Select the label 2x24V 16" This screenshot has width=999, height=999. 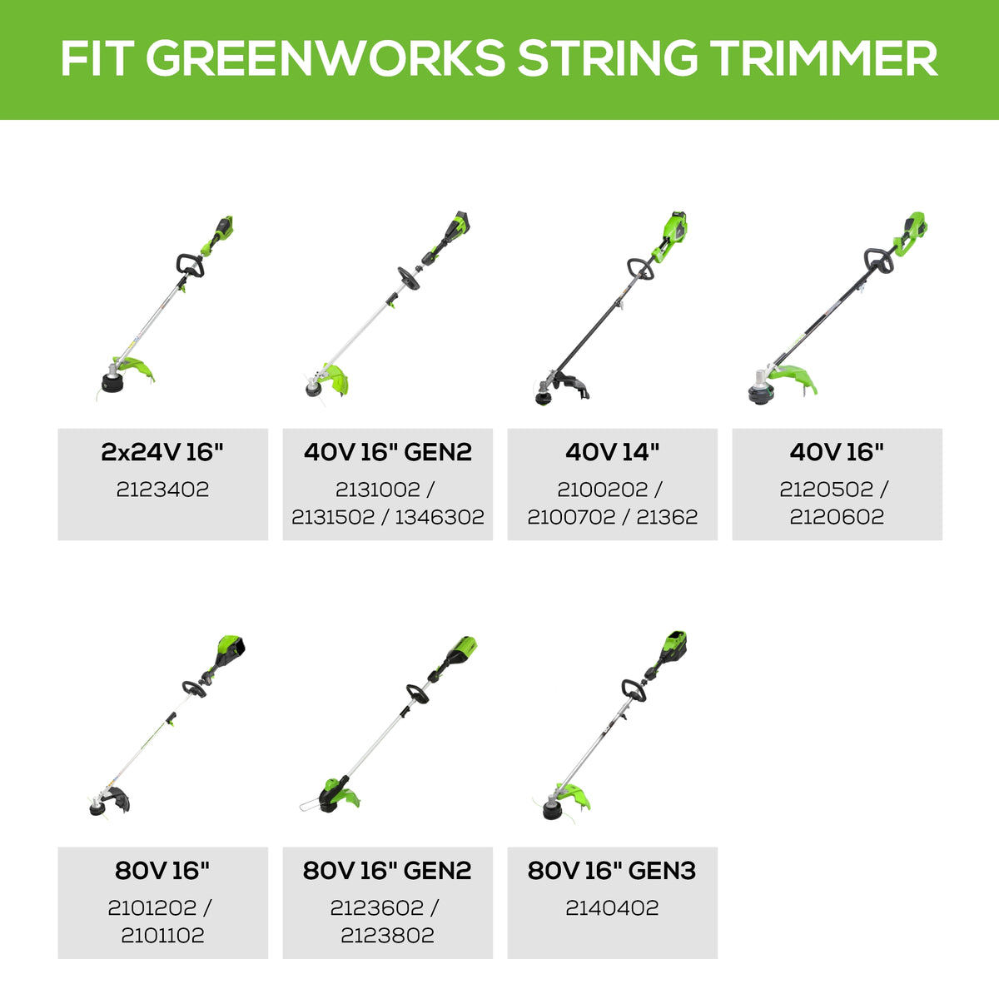162,452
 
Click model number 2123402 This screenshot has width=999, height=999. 162,490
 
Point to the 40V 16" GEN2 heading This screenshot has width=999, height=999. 387,452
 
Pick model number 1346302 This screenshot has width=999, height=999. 439,517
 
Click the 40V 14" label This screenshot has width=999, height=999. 612,452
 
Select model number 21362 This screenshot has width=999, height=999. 667,517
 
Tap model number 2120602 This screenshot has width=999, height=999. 837,517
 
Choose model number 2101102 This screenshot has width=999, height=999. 162,936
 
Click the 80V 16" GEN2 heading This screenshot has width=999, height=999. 387,871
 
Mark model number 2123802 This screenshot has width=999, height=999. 387,936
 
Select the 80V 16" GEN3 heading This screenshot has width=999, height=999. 612,871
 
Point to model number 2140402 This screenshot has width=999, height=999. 612,908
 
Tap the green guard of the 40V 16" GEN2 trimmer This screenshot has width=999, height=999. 336,380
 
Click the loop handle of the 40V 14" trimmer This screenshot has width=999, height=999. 639,267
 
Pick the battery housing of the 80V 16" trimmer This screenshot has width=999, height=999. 231,649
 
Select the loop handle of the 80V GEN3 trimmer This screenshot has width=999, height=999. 634,689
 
